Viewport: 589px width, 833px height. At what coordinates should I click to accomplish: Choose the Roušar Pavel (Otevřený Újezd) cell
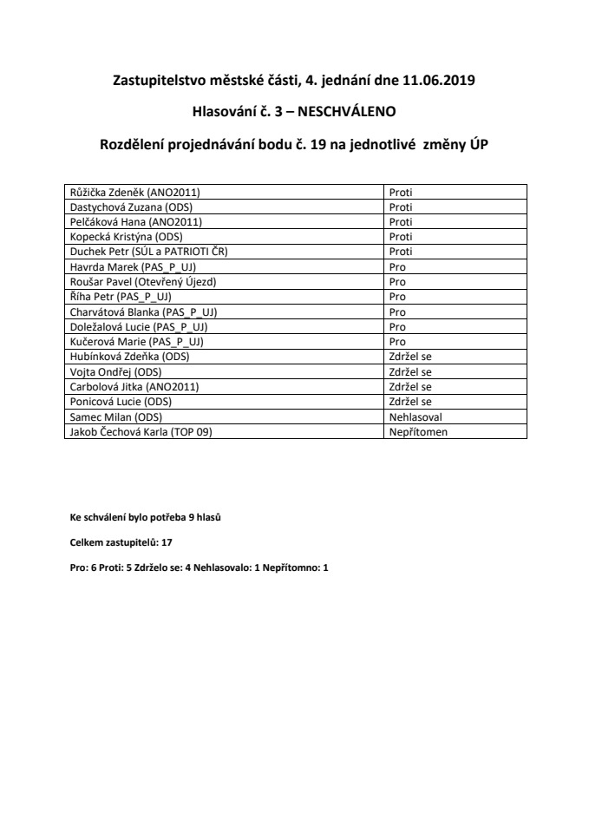[x=141, y=282]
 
